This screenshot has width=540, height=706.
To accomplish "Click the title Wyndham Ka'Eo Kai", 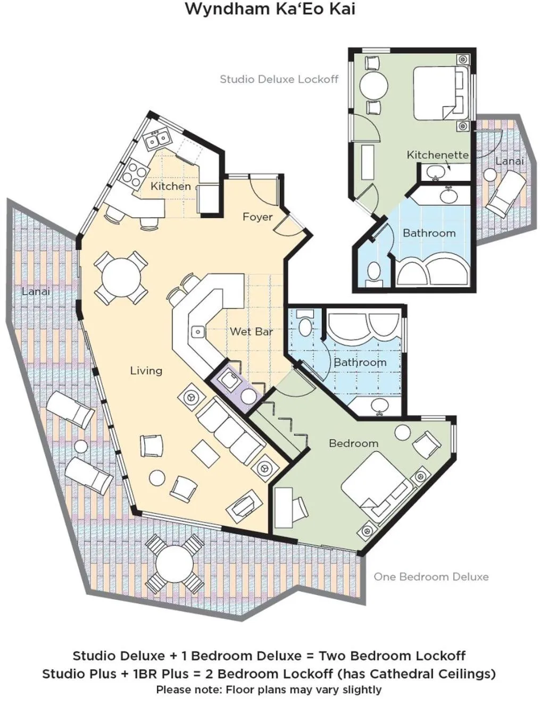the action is click(270, 9).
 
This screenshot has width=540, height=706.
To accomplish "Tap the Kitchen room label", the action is click(171, 186).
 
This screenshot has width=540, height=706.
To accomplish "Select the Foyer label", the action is click(257, 217).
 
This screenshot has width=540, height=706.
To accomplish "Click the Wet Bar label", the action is click(251, 331).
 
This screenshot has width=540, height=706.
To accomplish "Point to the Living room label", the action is click(146, 371).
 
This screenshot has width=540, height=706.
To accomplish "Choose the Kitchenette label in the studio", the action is click(438, 155).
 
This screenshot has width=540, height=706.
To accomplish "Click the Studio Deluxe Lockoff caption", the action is click(279, 79).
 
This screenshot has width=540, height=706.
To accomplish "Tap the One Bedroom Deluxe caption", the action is click(431, 577).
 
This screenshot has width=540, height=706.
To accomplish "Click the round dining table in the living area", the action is click(121, 278).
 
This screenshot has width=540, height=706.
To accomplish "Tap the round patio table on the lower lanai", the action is click(175, 565).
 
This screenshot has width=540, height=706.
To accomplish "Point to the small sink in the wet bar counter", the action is click(198, 332).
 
